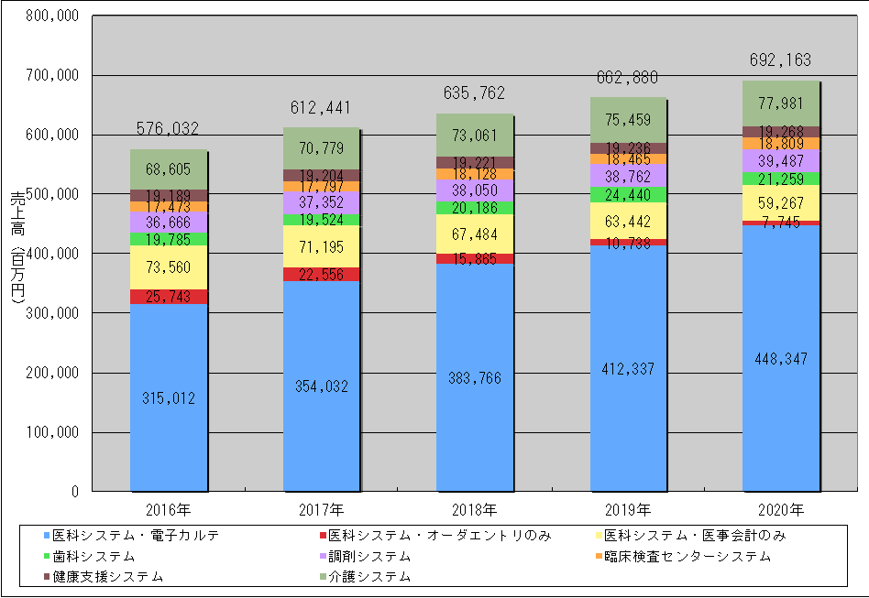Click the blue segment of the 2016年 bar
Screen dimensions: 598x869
tap(168, 398)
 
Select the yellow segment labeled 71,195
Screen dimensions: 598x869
tap(321, 246)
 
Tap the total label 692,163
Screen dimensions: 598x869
tap(780, 61)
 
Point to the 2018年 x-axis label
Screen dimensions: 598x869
tap(474, 509)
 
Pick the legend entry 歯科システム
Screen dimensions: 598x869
tap(93, 556)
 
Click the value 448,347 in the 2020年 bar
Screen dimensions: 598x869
tap(780, 358)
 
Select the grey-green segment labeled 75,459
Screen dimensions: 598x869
tap(627, 119)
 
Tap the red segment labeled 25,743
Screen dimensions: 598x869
tap(168, 296)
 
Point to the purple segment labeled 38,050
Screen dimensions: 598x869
tap(474, 190)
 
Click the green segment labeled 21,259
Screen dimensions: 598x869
tap(780, 179)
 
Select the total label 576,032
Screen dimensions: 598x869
tap(168, 130)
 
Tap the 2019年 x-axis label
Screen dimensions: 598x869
tap(627, 509)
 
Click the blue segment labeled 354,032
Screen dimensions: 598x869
tap(321, 386)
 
